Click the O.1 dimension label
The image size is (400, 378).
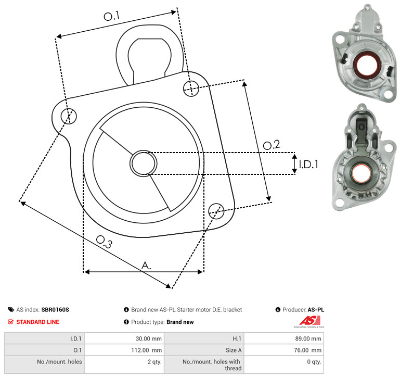(x=111, y=16)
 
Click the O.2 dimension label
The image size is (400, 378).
(x=272, y=145)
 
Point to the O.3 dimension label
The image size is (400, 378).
(x=104, y=242)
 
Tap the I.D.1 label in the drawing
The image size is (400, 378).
(x=308, y=165)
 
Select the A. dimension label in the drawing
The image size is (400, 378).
(x=146, y=266)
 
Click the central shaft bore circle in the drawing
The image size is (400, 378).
(x=144, y=163)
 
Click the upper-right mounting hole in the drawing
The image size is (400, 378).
(x=191, y=89)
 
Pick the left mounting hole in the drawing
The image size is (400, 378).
(x=69, y=116)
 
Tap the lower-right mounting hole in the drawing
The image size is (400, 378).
(x=216, y=211)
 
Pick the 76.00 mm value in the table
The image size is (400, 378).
(x=307, y=350)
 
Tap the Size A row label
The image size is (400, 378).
(x=234, y=350)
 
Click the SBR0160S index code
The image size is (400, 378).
(x=55, y=310)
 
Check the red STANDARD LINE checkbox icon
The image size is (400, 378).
(x=11, y=322)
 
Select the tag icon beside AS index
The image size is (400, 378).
(x=11, y=310)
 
